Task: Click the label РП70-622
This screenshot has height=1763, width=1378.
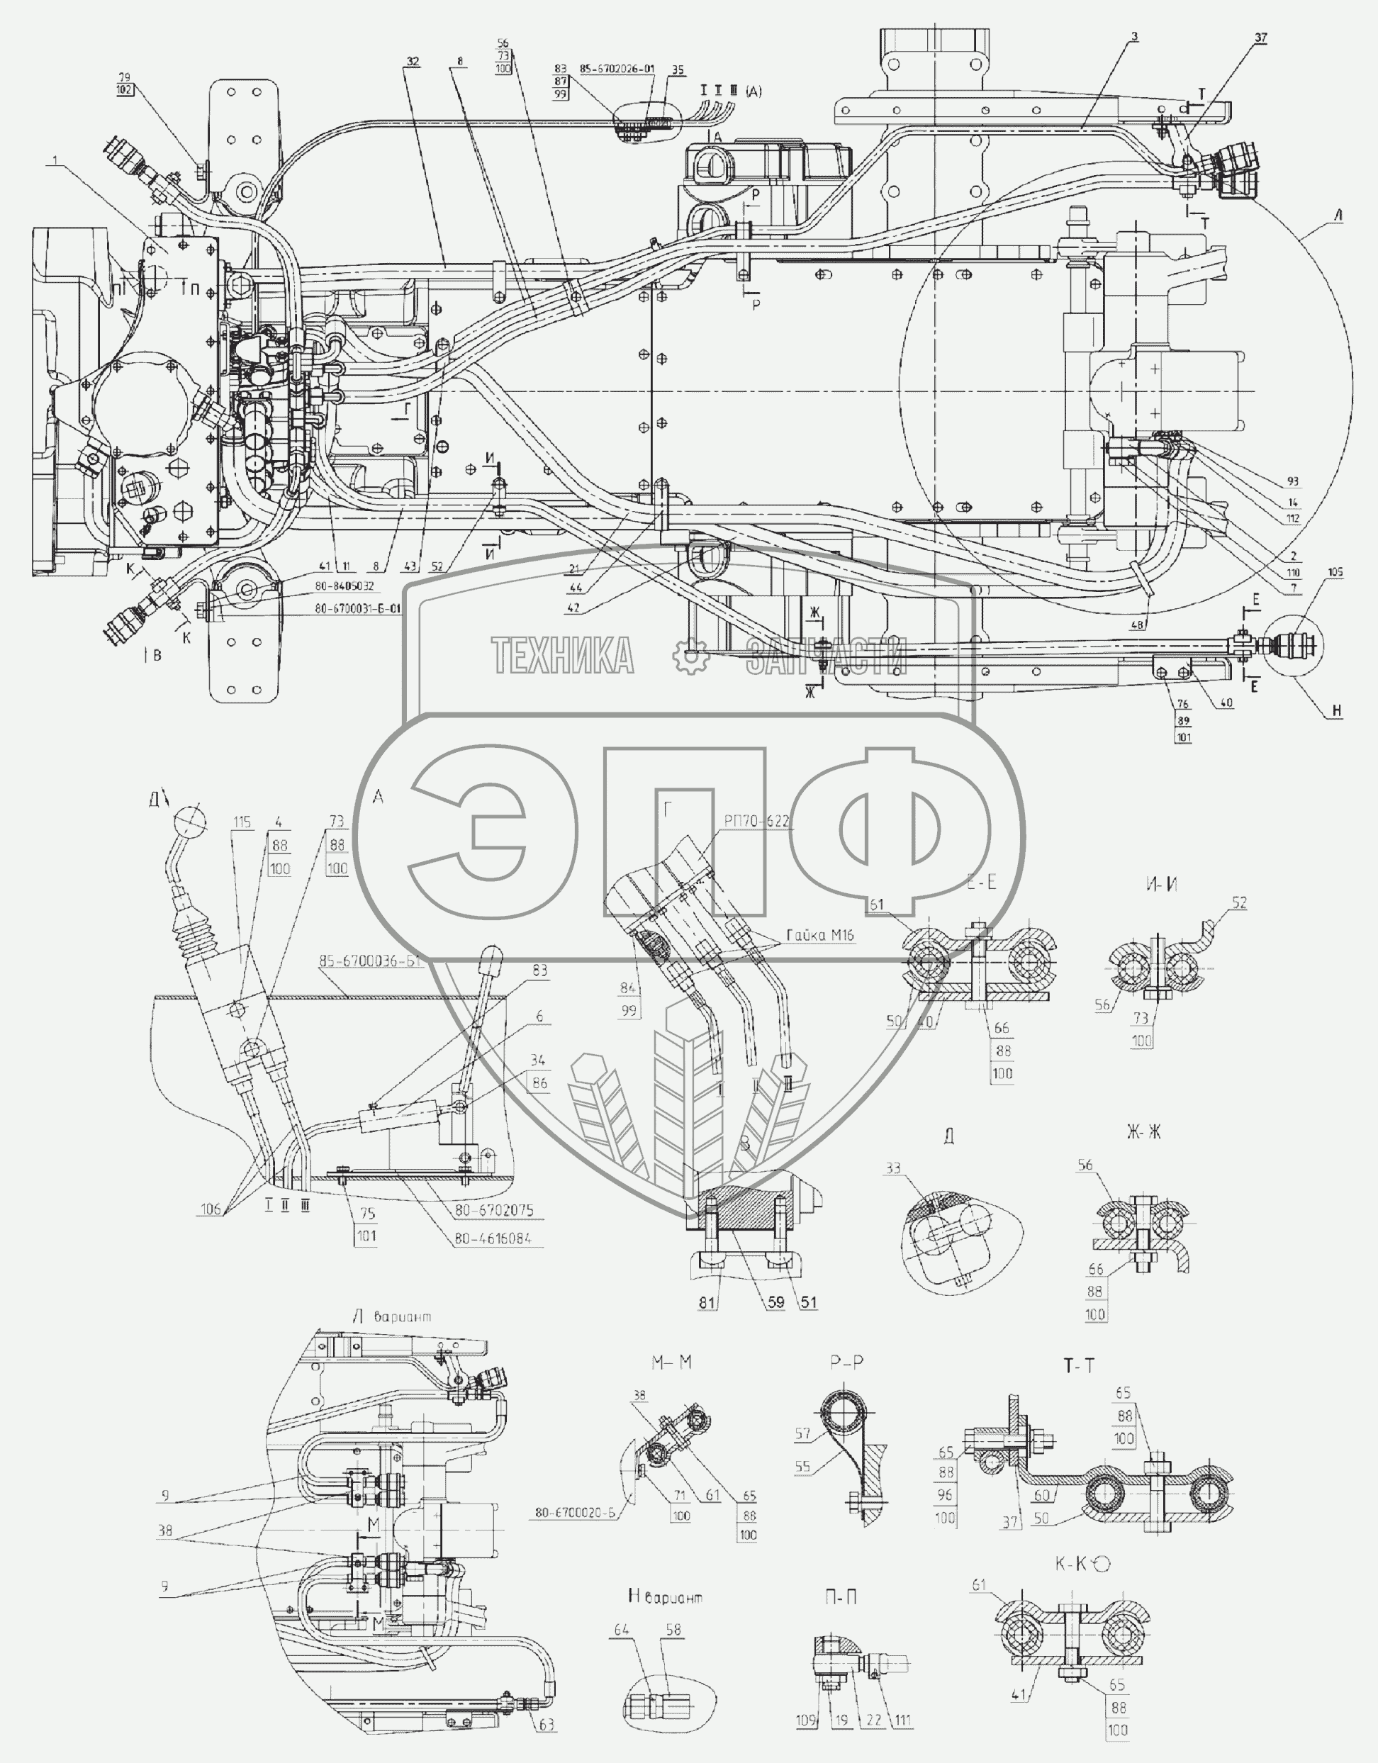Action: pos(756,821)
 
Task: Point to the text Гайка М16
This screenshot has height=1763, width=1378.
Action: pos(820,936)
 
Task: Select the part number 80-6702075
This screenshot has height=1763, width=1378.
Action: pos(493,1210)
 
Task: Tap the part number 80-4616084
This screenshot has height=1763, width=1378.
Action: pos(493,1238)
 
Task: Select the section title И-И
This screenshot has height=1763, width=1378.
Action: pos(1161,885)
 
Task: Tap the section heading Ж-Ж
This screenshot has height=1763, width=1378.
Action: pos(1144,1133)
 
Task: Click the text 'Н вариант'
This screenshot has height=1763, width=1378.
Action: pos(665,1598)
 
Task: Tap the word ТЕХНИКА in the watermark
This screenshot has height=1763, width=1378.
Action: pos(563,656)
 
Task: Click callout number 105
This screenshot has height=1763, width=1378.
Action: pos(1335,572)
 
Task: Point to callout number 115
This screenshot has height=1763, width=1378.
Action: pos(242,822)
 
